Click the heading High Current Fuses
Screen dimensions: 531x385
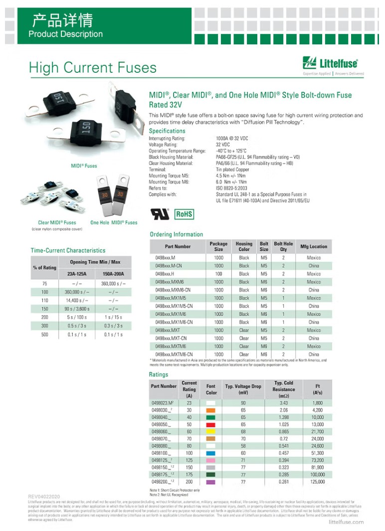(x=92, y=68)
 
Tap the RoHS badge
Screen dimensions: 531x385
(x=184, y=214)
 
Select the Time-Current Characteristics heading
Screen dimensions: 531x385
(x=68, y=250)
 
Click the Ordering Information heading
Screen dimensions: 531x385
(x=176, y=234)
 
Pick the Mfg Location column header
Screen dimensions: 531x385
(x=314, y=246)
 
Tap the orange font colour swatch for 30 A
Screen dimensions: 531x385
(x=211, y=410)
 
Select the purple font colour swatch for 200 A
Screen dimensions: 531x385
(x=211, y=482)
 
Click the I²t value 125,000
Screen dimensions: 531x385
(x=318, y=482)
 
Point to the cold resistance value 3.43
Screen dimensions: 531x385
(x=284, y=402)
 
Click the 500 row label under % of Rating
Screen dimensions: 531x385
(x=45, y=335)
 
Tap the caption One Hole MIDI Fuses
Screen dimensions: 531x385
(x=114, y=222)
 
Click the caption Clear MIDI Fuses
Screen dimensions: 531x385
(x=57, y=222)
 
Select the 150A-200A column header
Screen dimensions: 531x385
(x=113, y=274)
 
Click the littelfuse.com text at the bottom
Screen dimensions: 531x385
(x=347, y=522)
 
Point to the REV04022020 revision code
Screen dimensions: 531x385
(x=44, y=497)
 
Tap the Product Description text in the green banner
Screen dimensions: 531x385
(x=65, y=34)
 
